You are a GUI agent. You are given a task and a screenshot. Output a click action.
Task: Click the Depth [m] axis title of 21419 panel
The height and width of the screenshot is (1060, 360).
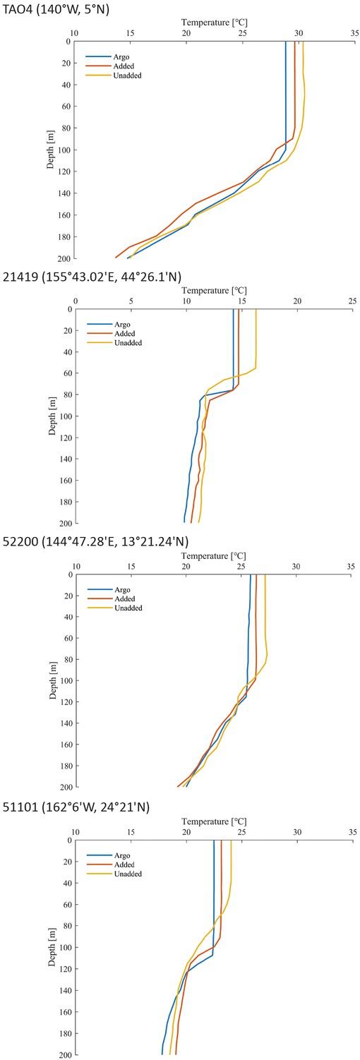pyautogui.click(x=54, y=416)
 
